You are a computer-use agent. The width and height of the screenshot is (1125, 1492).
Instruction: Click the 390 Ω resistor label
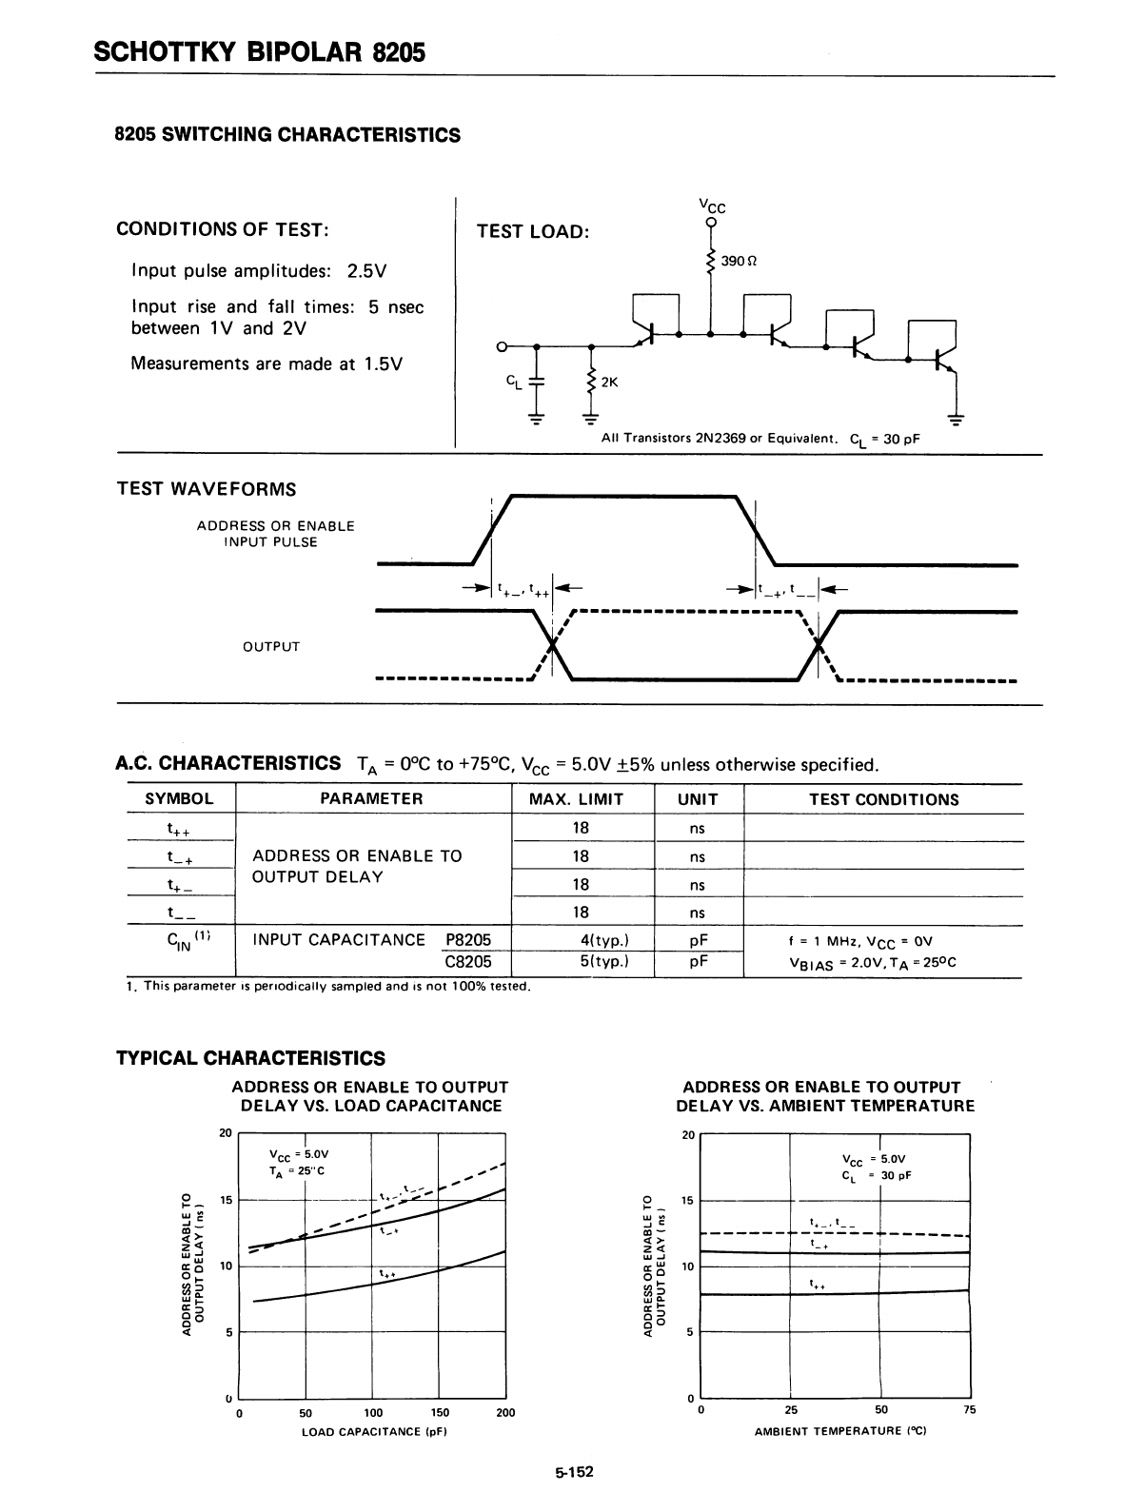[x=739, y=260]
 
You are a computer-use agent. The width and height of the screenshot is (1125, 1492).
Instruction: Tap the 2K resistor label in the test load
[x=609, y=383]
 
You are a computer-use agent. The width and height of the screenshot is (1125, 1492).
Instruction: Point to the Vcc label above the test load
[x=711, y=206]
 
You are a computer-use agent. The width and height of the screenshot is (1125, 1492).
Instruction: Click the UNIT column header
[x=698, y=799]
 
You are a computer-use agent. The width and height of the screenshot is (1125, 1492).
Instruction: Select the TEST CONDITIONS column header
[x=883, y=799]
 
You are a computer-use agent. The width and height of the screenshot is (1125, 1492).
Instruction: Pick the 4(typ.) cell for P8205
[x=603, y=940]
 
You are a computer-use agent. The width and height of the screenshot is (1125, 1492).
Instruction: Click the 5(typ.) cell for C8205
[x=603, y=961]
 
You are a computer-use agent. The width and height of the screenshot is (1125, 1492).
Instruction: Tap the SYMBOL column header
[x=179, y=799]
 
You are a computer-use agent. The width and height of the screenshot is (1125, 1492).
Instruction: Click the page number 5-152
[x=574, y=1471]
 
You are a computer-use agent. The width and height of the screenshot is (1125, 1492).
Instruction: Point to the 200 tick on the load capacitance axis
[x=505, y=1412]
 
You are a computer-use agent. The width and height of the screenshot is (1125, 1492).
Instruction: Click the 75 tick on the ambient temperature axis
[x=969, y=1410]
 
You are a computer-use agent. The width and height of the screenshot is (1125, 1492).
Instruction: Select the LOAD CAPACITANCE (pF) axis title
[x=374, y=1431]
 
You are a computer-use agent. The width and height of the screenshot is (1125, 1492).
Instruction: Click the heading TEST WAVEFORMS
[x=206, y=489]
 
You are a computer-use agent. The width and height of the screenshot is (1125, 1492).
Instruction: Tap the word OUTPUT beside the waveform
[x=271, y=647]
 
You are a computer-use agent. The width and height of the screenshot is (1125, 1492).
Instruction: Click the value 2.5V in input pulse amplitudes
[x=366, y=271]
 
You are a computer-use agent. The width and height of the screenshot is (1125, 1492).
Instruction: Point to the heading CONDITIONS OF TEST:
[x=223, y=229]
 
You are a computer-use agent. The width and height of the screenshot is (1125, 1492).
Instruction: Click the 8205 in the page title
[x=399, y=51]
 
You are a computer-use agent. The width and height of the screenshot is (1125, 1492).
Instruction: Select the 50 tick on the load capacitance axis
[x=306, y=1412]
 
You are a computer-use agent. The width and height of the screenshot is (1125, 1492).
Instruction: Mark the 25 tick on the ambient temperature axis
[x=791, y=1410]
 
